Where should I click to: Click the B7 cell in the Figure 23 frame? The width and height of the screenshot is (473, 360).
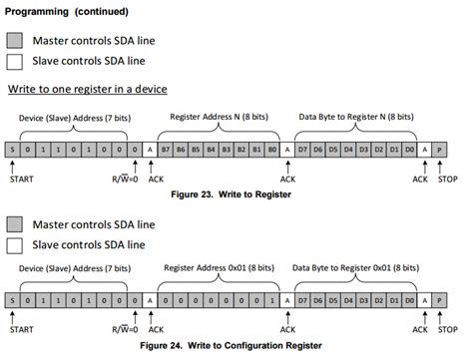coord(166,150)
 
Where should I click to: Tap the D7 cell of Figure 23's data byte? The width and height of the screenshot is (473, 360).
coord(302,150)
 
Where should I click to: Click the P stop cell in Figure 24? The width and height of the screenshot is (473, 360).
coord(441,299)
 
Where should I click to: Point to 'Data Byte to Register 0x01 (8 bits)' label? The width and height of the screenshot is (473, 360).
coord(356,267)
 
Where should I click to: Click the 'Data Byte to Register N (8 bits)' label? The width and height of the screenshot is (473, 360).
coord(354,116)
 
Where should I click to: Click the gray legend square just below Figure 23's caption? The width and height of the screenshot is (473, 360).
coord(14,221)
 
